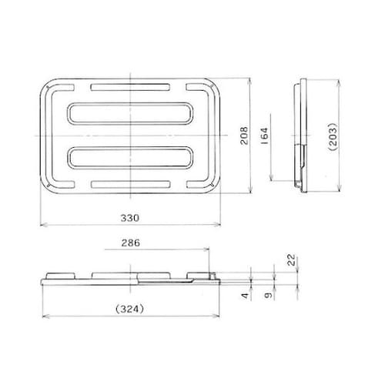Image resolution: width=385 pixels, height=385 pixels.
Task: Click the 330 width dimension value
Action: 132,218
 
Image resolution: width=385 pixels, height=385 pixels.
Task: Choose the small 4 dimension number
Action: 244,296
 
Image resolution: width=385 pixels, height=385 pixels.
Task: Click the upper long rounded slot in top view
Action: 132,112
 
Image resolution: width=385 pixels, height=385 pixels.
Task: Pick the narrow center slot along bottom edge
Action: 132,185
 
